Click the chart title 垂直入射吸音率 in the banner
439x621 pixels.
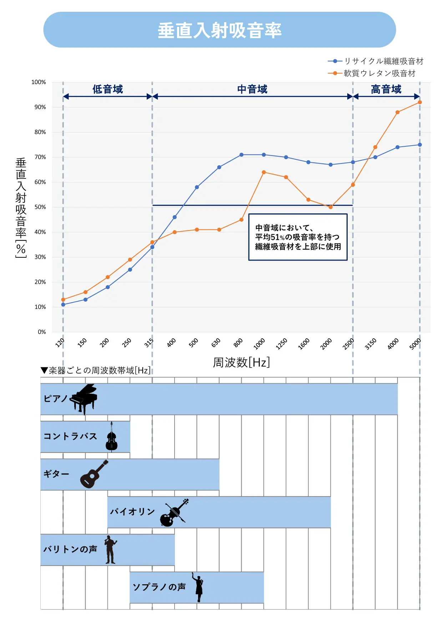click(219, 30)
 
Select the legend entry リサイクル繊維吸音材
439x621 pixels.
click(383, 61)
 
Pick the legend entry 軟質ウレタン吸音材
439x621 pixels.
click(379, 73)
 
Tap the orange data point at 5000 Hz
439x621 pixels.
click(420, 102)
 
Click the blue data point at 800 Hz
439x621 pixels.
click(242, 155)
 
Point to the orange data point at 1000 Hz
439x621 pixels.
click(264, 172)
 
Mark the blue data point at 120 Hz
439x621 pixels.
click(63, 305)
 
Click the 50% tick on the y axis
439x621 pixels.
click(40, 207)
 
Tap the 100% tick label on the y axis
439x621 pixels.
click(39, 82)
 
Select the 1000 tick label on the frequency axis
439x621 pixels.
click(259, 344)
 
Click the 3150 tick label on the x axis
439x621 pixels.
click(370, 344)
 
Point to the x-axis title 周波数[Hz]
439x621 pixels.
click(241, 362)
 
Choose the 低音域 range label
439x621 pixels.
click(107, 89)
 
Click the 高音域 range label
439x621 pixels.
click(386, 89)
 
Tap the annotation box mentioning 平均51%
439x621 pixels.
click(298, 237)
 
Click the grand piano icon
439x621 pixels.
click(84, 398)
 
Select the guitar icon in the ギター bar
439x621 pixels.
click(94, 474)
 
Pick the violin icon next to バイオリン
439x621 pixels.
click(174, 513)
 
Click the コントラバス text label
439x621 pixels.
click(70, 436)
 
